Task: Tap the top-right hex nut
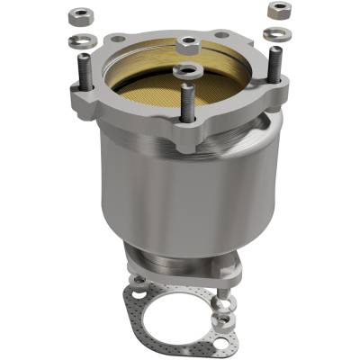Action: [x=278, y=11]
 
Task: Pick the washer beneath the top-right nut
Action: [x=276, y=34]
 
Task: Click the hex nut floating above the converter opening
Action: [x=188, y=42]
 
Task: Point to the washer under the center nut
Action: [x=187, y=68]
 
